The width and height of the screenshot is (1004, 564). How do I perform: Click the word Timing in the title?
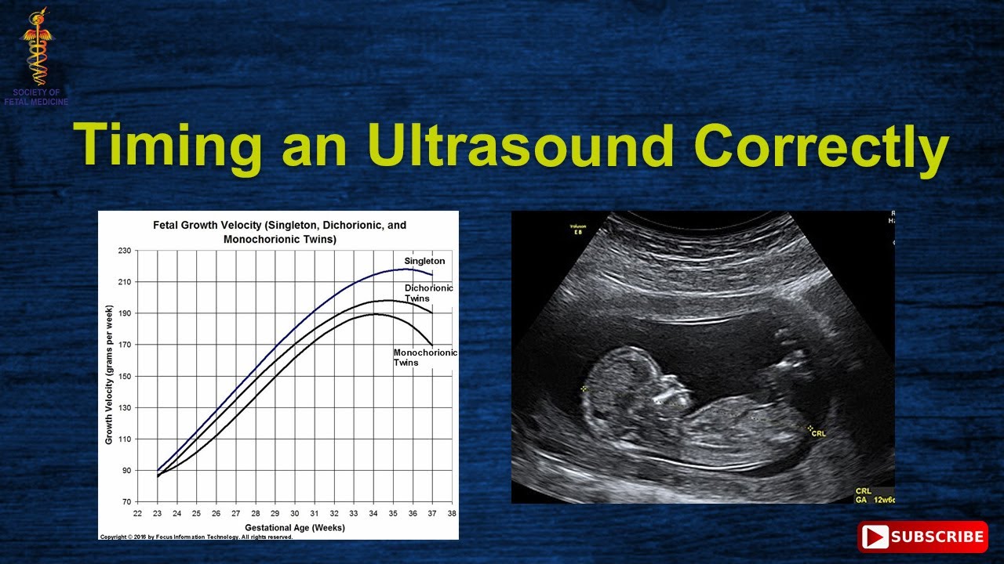168,146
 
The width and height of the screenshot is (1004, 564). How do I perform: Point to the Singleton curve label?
424,261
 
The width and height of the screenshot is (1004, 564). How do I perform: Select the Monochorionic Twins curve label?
424,357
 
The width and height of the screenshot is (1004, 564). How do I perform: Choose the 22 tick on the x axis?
137,514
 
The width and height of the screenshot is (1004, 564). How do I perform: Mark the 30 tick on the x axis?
295,514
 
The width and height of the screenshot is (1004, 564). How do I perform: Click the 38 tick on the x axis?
452,514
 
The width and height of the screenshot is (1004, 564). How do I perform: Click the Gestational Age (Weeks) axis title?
294,527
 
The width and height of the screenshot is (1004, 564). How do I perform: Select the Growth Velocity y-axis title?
109,376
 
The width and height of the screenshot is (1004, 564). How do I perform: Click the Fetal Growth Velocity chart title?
279,232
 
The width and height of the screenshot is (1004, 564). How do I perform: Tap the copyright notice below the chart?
196,537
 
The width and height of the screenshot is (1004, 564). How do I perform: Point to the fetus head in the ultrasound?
620,384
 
